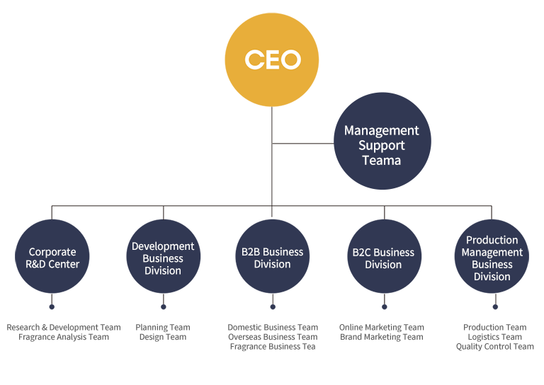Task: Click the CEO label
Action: [x=273, y=59]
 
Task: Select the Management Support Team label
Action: [x=381, y=145]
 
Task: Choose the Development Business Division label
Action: [x=163, y=258]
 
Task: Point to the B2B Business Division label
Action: [x=272, y=258]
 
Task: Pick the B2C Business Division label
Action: [x=383, y=258]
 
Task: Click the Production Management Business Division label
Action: [x=492, y=258]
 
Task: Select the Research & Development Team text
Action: [x=64, y=327]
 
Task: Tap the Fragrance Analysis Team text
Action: [x=64, y=337]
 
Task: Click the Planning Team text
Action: [x=163, y=327]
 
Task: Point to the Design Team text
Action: [x=163, y=337]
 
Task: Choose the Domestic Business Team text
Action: [x=273, y=327]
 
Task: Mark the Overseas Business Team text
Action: [x=273, y=337]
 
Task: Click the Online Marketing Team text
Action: [x=382, y=327]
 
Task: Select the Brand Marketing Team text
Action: [x=382, y=337]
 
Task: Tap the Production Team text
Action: [x=495, y=327]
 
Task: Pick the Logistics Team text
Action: [x=495, y=337]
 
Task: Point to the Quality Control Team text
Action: [x=495, y=347]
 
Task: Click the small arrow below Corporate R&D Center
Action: [x=52, y=299]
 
